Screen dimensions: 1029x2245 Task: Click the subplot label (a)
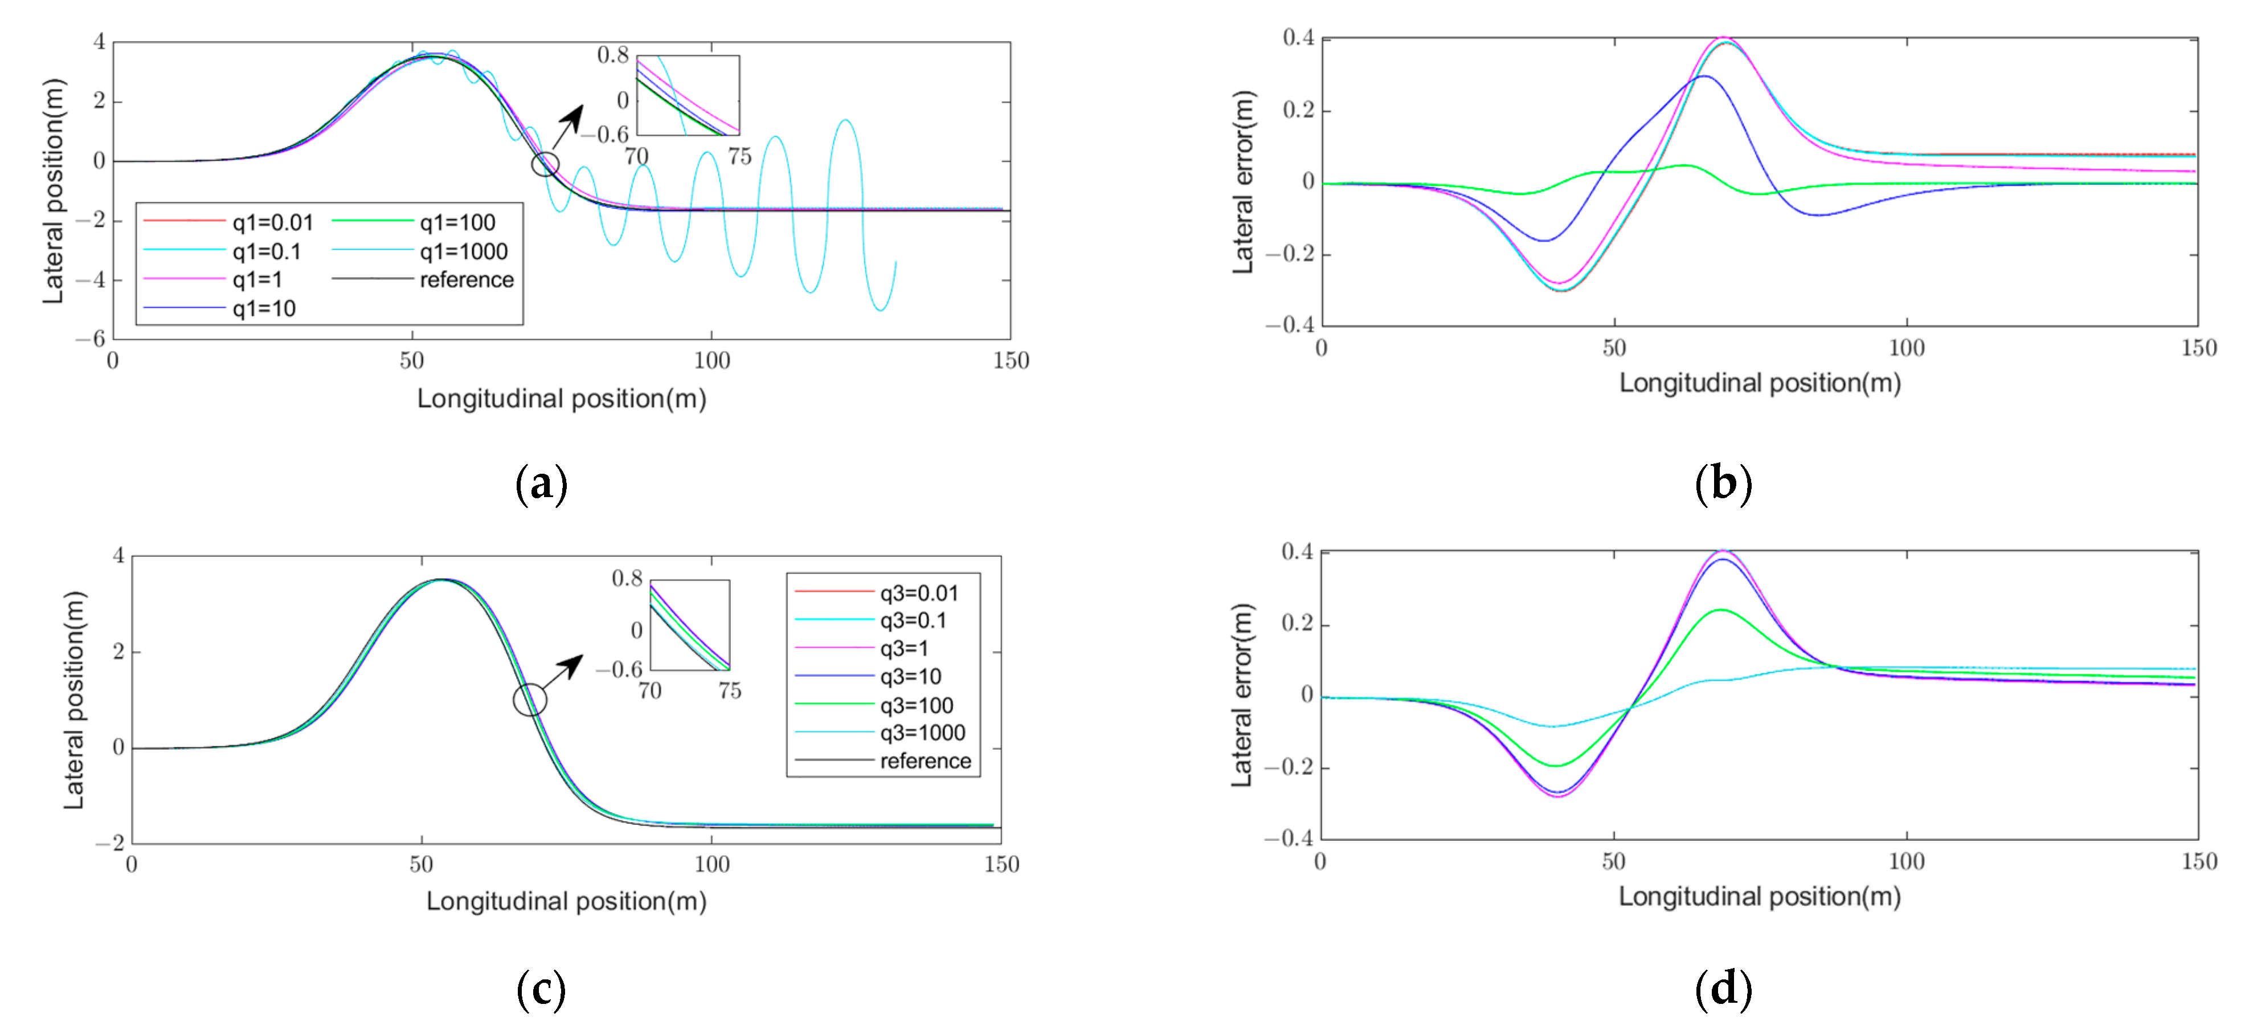tap(541, 483)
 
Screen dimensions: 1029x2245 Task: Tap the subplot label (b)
tap(1723, 483)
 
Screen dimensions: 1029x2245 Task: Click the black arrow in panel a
tap(567, 127)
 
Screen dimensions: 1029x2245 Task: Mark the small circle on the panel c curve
tap(530, 699)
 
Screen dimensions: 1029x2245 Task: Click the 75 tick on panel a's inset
tap(739, 156)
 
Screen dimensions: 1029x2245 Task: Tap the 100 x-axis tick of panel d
tap(1906, 861)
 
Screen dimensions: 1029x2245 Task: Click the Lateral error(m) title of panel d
tap(1241, 695)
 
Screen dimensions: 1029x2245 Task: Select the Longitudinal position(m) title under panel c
tap(566, 901)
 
